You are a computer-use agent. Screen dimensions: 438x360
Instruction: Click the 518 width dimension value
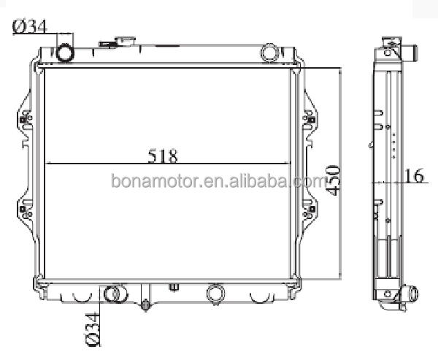pyautogui.click(x=163, y=156)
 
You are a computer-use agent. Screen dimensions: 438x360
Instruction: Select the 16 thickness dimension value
pyautogui.click(x=414, y=175)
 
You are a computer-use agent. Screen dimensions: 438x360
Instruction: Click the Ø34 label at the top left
pyautogui.click(x=30, y=27)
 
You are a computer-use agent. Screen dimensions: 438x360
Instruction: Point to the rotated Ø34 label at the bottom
pyautogui.click(x=93, y=329)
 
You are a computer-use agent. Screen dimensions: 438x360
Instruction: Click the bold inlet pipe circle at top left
pyautogui.click(x=66, y=53)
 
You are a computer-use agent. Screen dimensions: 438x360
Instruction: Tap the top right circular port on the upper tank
pyautogui.click(x=269, y=53)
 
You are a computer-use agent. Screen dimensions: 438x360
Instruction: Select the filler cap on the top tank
pyautogui.click(x=125, y=42)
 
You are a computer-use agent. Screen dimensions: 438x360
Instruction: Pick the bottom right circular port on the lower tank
pyautogui.click(x=215, y=294)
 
